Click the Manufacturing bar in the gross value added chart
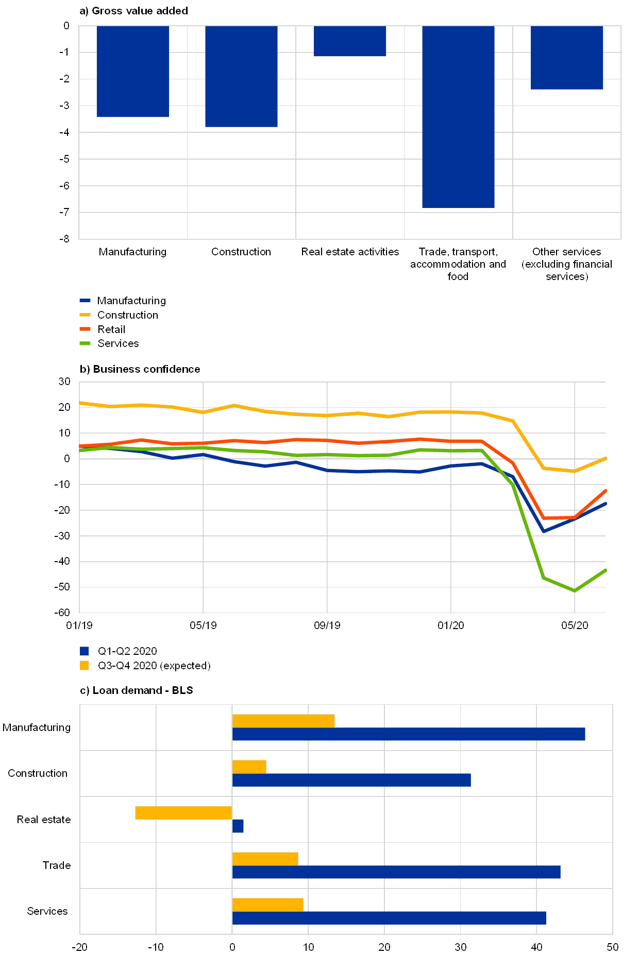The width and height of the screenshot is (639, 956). tap(133, 72)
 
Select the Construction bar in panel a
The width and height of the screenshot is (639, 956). tap(241, 76)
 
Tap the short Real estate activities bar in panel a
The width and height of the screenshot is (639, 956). tap(350, 41)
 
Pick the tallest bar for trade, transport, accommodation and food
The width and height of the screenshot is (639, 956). tap(458, 117)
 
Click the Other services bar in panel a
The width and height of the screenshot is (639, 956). tap(567, 58)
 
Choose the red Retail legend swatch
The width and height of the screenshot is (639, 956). tap(85, 329)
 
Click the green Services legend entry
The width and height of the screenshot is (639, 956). tap(118, 343)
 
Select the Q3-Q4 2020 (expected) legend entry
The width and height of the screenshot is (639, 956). tap(154, 665)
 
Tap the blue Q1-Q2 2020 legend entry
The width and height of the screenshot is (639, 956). tap(127, 651)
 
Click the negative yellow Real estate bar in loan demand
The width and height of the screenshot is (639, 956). tap(183, 813)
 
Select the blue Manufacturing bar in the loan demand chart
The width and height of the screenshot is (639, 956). tap(409, 734)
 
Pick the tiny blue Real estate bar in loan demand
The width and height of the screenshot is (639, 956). tap(238, 826)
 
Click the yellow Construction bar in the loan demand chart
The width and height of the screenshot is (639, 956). tap(249, 767)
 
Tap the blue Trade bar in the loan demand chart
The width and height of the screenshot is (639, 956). tap(396, 872)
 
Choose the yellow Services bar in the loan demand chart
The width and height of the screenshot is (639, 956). tap(268, 905)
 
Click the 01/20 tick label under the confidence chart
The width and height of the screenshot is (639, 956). tap(451, 625)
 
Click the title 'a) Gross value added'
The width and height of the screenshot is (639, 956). tap(133, 11)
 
